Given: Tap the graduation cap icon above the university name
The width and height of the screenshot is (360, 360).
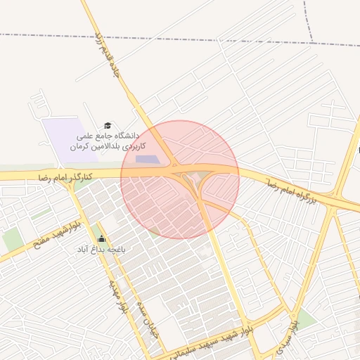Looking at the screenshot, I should tap(108, 125).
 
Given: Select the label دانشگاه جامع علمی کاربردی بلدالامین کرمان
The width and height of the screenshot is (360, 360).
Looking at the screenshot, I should tap(108, 141).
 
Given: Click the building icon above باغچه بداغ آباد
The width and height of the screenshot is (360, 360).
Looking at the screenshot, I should tap(101, 238).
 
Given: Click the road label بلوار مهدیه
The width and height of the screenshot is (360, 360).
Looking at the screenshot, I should tap(117, 296).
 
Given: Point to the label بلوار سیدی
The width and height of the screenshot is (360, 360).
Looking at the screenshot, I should tap(288, 335).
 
